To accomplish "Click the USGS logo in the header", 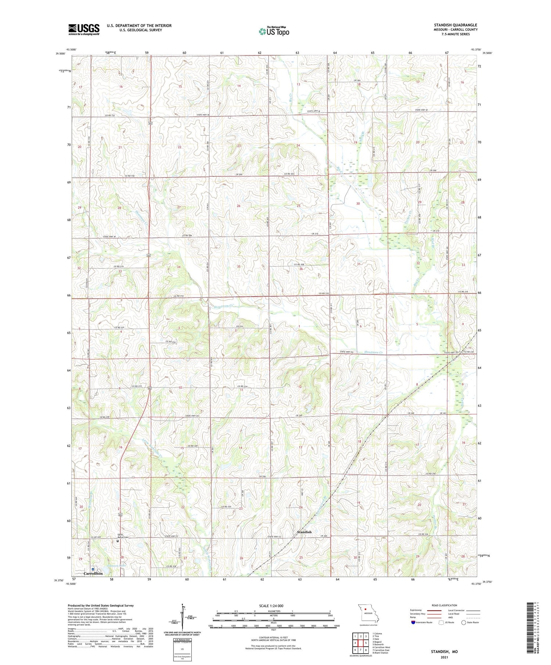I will click(84, 29).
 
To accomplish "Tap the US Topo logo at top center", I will click(274, 31).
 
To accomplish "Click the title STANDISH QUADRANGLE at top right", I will click(455, 25).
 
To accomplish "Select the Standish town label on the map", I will click(304, 532).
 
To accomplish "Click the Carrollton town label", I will click(93, 573).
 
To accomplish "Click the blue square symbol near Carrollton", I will click(93, 569).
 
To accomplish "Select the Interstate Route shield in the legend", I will click(413, 622).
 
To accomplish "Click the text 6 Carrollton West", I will click(381, 647).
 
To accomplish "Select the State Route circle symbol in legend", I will click(464, 622).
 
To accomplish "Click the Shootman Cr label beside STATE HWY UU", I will click(373, 352).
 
